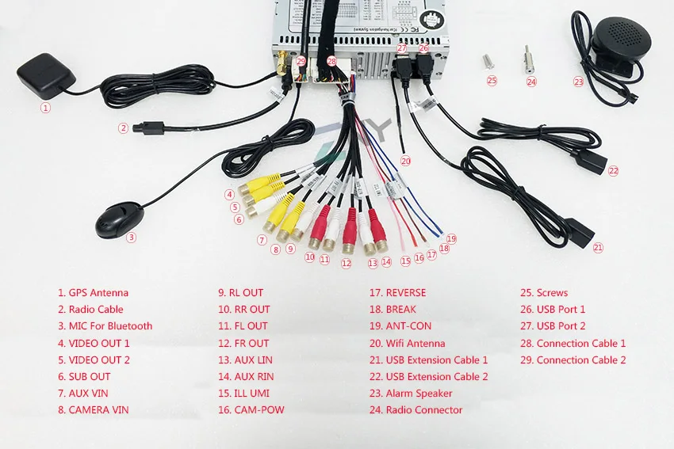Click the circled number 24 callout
pyautogui.click(x=532, y=82)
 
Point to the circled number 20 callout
pyautogui.click(x=405, y=161)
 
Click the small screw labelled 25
pyautogui.click(x=488, y=61)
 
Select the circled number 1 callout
pyautogui.click(x=45, y=108)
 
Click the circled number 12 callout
pyautogui.click(x=346, y=263)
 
